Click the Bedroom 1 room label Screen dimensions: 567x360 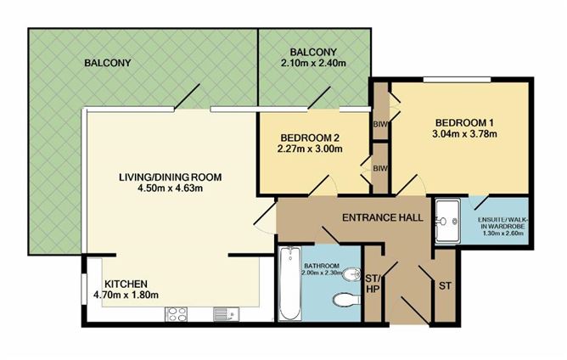coord(464,122)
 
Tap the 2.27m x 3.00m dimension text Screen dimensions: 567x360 coord(310,149)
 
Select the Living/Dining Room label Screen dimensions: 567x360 coord(171,177)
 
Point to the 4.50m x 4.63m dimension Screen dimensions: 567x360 coord(170,188)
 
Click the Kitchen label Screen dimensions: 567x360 coord(126,284)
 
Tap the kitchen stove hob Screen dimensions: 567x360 coord(176,313)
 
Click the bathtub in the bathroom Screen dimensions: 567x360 coord(290,283)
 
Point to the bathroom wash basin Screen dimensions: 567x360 coord(351,275)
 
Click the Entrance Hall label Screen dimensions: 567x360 coord(383,217)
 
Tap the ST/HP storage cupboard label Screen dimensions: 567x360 coord(373,284)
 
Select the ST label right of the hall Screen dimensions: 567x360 coord(445,286)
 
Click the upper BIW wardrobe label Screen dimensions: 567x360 coord(380,125)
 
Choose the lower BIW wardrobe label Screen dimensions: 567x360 coord(380,168)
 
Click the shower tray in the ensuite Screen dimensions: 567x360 coord(447,221)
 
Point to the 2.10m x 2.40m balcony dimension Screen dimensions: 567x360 coord(313,64)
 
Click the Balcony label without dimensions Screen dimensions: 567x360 coord(108,63)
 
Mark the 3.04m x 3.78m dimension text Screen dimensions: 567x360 coord(464,134)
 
